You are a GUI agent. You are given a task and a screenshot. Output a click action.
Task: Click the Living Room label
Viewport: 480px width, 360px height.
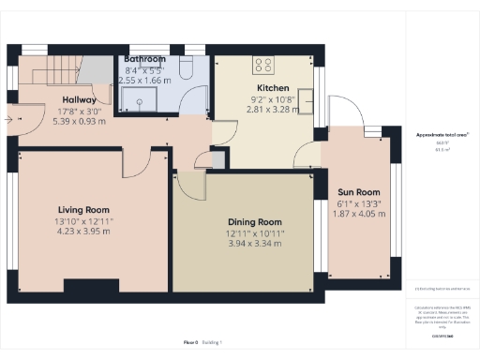tap(83, 210)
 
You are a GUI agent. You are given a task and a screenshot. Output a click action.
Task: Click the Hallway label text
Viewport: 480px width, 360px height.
tap(80, 99)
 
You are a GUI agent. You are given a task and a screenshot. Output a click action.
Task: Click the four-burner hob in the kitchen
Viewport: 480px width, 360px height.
tap(263, 66)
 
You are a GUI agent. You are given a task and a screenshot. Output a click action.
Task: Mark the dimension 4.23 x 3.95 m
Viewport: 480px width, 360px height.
tap(83, 231)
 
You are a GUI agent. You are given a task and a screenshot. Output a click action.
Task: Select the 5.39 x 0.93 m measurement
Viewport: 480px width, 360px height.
tap(80, 120)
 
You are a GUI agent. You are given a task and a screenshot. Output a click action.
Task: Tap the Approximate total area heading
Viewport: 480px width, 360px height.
tap(442, 135)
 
